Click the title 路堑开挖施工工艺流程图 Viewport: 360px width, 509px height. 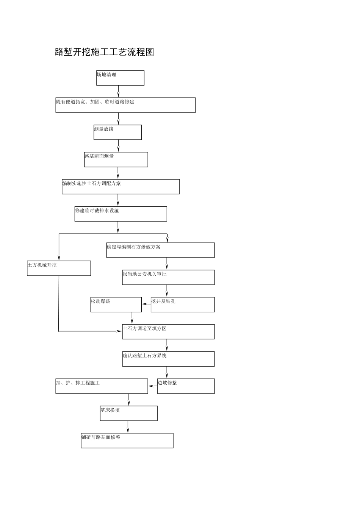point(105,52)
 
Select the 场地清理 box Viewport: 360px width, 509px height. point(120,78)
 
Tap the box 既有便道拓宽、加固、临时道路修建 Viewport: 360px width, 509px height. point(125,105)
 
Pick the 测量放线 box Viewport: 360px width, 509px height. point(117,133)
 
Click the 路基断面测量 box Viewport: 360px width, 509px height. point(116,159)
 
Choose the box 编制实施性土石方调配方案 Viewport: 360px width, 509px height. point(121,187)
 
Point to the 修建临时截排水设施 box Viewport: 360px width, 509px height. point(121,214)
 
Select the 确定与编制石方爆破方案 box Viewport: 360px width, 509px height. point(160,250)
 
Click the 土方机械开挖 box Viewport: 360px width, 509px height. point(59,268)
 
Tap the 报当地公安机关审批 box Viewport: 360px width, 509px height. point(168,277)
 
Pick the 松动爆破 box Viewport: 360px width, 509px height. point(116,304)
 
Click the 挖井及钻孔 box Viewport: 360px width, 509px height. point(183,304)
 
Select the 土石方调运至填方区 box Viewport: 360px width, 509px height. point(168,332)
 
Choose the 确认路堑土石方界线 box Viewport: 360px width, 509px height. point(168,359)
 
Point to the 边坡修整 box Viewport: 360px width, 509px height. point(186,386)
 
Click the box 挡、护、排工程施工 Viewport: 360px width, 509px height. point(102,386)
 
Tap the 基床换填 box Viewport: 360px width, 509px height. point(128,413)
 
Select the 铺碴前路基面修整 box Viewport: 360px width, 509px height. point(127,440)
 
